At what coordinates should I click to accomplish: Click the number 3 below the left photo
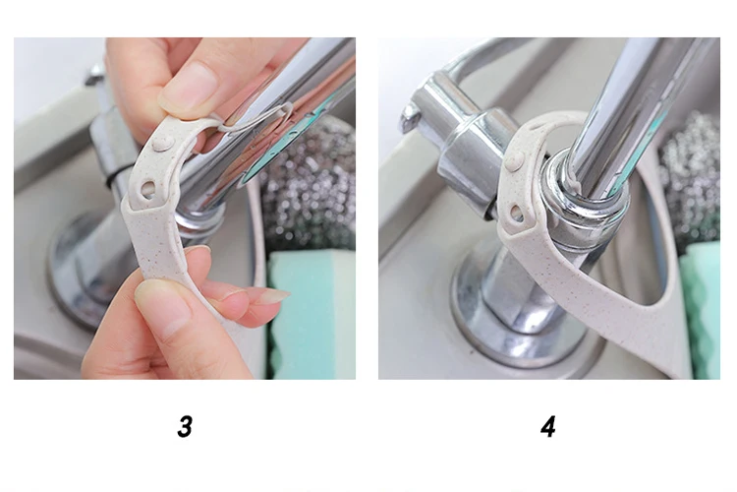coord(185,426)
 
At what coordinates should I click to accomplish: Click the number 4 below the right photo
coord(548,426)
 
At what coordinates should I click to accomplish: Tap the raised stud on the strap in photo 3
coord(162,144)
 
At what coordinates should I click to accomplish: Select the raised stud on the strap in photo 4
coord(516,161)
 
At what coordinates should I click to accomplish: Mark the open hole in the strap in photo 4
coord(517,214)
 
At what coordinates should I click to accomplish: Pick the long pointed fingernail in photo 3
coord(271,296)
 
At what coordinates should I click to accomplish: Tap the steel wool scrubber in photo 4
coord(691,179)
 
